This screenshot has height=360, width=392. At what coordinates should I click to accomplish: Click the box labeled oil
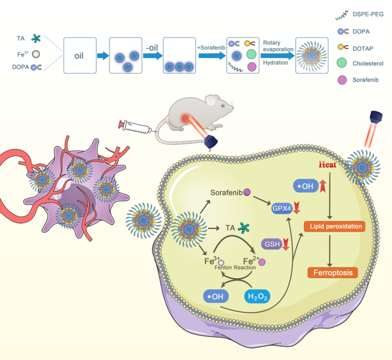click(x=79, y=56)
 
